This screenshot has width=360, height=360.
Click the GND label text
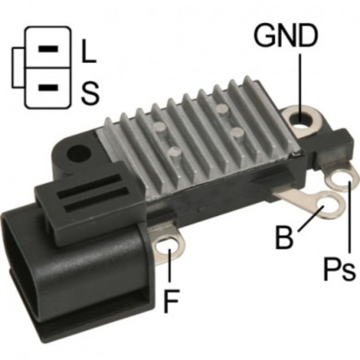tap(286, 35)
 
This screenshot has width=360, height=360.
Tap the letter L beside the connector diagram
tap(88, 51)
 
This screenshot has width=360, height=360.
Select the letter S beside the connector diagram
tap(90, 93)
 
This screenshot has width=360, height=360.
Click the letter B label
tap(284, 237)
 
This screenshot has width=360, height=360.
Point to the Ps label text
tap(339, 269)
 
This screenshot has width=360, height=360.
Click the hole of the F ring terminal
tap(166, 246)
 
